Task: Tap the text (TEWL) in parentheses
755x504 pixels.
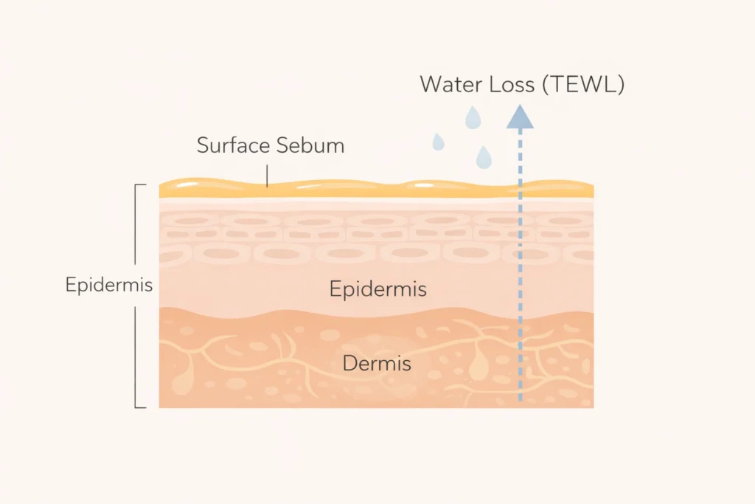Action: pyautogui.click(x=583, y=84)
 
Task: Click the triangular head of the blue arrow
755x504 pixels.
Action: pyautogui.click(x=520, y=117)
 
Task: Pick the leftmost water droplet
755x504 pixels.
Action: pyautogui.click(x=438, y=141)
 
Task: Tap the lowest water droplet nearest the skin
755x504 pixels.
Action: pyautogui.click(x=483, y=156)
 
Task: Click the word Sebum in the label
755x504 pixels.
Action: pyautogui.click(x=310, y=145)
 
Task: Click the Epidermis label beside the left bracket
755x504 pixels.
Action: pyautogui.click(x=108, y=285)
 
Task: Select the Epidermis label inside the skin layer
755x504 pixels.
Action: pyautogui.click(x=377, y=289)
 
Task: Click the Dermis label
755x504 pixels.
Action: pyautogui.click(x=377, y=363)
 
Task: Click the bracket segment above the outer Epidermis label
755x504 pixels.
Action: pyautogui.click(x=136, y=225)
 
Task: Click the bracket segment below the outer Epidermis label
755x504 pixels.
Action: pyautogui.click(x=136, y=354)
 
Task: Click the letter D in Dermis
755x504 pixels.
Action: pyautogui.click(x=349, y=363)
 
